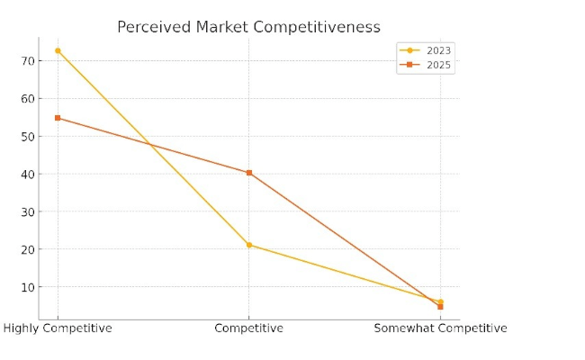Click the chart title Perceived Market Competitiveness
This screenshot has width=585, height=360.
tap(248, 28)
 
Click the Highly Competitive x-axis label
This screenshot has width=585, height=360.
tap(58, 328)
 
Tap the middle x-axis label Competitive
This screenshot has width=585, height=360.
tap(248, 328)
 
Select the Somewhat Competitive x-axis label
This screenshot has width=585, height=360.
tap(440, 328)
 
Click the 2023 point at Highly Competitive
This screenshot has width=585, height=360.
tap(58, 50)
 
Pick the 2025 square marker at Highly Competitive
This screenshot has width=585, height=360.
tap(58, 118)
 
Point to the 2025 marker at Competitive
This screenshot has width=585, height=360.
tap(249, 173)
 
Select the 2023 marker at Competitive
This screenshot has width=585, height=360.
tap(249, 245)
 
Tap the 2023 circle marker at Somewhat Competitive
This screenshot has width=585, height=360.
tap(440, 301)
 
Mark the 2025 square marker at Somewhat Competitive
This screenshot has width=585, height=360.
tap(440, 307)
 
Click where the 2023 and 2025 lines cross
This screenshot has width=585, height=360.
tap(148, 144)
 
